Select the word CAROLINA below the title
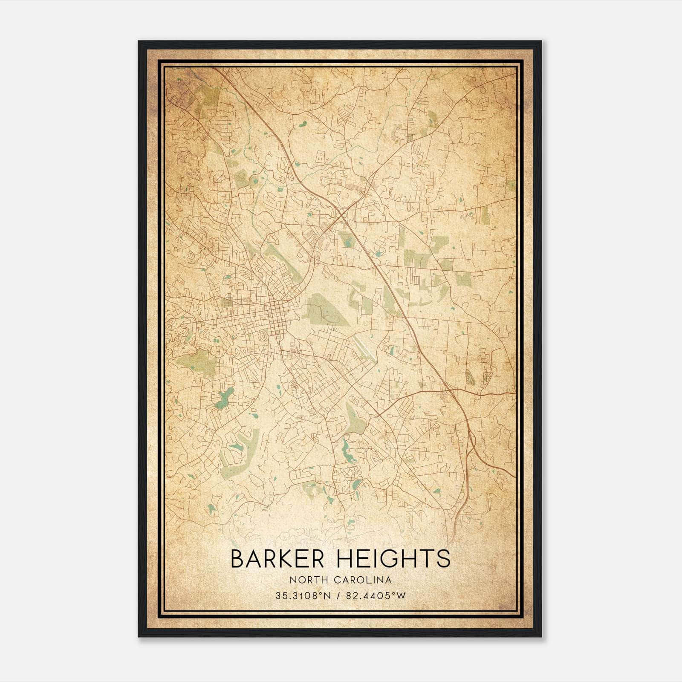point(363,580)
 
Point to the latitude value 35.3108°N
point(303,596)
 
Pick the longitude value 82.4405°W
point(375,596)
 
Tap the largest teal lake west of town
point(224,399)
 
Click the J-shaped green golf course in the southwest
point(237,458)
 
